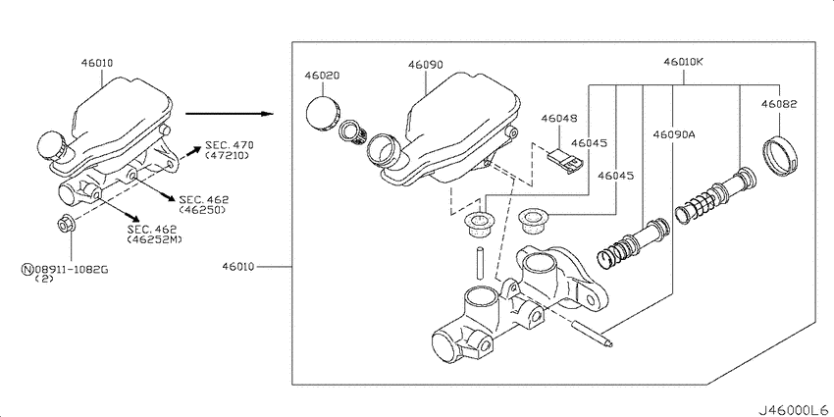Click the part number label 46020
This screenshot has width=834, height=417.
click(322, 76)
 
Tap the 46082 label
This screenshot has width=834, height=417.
click(779, 104)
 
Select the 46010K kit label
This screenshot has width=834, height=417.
click(684, 62)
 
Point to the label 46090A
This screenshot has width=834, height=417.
click(674, 134)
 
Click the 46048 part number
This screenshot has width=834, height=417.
click(559, 118)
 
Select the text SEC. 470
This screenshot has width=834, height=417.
click(230, 144)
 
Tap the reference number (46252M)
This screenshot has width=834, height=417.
click(154, 239)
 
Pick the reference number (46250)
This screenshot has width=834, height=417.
click(203, 210)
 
